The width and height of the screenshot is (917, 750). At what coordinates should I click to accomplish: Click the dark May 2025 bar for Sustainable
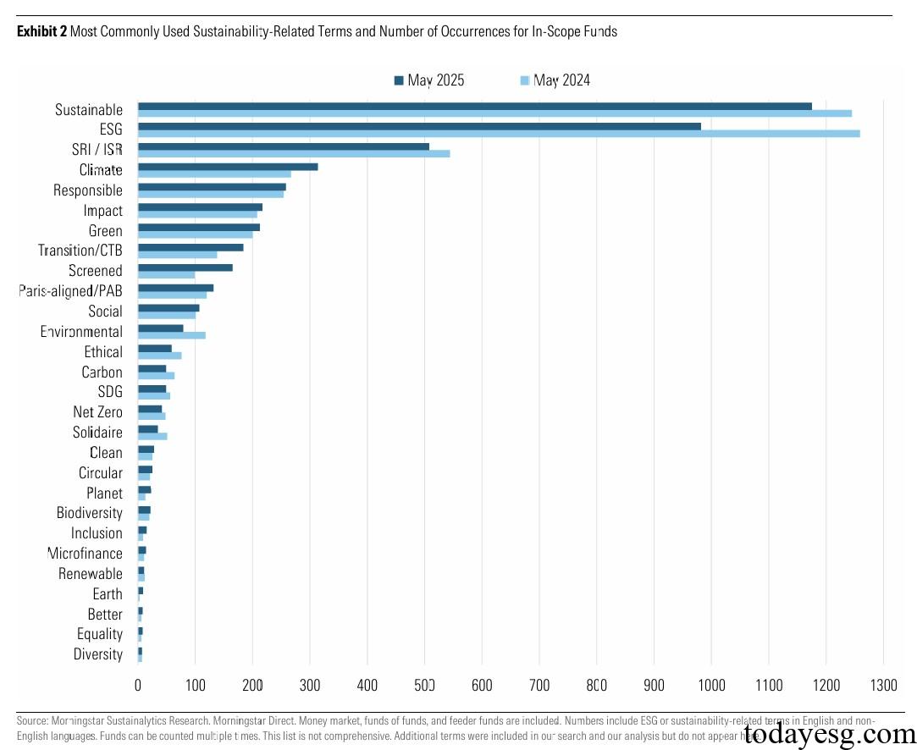coord(474,106)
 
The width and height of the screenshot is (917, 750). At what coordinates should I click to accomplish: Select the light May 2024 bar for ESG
coord(499,134)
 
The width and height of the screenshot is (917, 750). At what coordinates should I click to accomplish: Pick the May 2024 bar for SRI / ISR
coord(294,154)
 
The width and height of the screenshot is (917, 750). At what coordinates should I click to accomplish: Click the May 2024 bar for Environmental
coord(172,335)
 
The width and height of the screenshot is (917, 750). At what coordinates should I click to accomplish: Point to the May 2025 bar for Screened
coord(185,267)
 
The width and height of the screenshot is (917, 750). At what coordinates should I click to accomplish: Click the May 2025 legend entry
coord(429,80)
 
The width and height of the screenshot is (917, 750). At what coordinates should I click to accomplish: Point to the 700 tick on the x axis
coord(539,685)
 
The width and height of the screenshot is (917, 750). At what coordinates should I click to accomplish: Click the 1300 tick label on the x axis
coord(883,685)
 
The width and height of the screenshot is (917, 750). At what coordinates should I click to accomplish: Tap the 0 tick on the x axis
coord(138,685)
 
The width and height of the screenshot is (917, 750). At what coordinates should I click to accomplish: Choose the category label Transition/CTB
coord(80,251)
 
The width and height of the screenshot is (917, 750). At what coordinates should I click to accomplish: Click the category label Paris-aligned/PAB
coord(71,290)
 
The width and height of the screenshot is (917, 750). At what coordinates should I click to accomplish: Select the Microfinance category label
coord(85,554)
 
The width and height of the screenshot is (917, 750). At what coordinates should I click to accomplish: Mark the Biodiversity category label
coord(89,513)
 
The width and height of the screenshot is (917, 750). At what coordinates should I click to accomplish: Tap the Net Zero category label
coord(97,412)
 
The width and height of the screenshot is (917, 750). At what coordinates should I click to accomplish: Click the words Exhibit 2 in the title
coord(41,32)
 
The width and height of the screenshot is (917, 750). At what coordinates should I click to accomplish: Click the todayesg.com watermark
coord(827,734)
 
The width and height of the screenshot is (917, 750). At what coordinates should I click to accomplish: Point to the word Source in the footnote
coord(30,721)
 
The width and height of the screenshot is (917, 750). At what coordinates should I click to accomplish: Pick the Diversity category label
coord(97,654)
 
